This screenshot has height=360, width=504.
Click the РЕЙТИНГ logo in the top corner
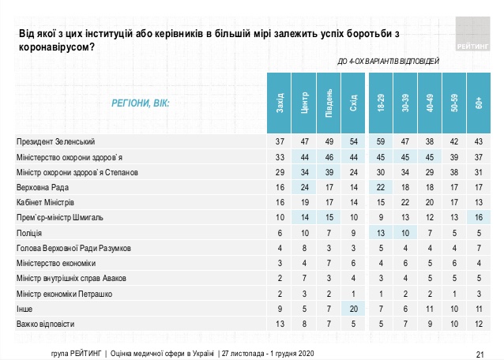click(472, 34)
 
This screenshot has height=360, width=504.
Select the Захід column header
click(279, 103)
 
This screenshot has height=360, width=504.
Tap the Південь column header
click(329, 103)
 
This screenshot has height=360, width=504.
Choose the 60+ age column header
click(479, 103)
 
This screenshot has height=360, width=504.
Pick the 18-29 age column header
click(381, 103)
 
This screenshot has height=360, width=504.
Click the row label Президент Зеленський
click(55, 141)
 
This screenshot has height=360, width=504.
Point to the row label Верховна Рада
click(43, 187)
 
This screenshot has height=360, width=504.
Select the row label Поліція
click(29, 233)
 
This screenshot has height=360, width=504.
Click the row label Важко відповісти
click(45, 324)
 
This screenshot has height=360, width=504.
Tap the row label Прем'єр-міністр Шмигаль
click(60, 217)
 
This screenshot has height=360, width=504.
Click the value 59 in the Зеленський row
click(381, 141)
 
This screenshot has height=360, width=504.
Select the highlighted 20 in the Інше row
click(353, 309)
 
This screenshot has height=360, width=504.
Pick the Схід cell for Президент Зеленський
click(353, 141)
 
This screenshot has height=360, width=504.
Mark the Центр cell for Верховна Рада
click(304, 187)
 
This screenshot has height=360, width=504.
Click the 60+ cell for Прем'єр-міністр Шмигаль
click(479, 217)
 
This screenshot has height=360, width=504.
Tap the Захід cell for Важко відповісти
click(280, 324)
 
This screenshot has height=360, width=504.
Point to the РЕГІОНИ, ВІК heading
click(140, 103)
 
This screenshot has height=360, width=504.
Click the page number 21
click(480, 354)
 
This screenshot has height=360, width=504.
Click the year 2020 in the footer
click(306, 354)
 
